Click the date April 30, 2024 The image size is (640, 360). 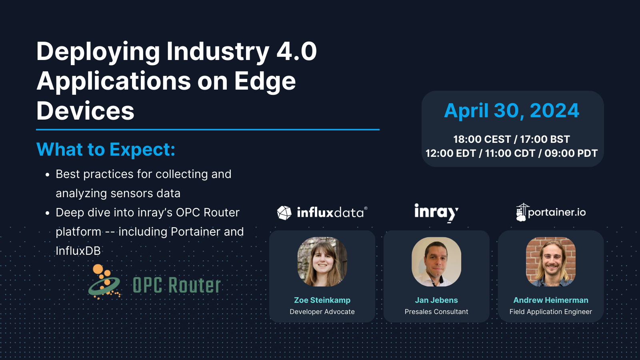pyautogui.click(x=512, y=111)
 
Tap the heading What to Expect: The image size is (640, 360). pyautogui.click(x=106, y=150)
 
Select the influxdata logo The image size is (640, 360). pyautogui.click(x=322, y=212)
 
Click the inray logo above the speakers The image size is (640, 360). pyautogui.click(x=436, y=212)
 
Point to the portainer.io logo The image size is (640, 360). pyautogui.click(x=551, y=212)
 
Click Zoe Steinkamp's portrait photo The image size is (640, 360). pyautogui.click(x=322, y=262)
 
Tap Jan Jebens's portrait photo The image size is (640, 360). pyautogui.click(x=436, y=262)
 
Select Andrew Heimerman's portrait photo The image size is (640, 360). pyautogui.click(x=551, y=262)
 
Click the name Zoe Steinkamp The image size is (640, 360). pyautogui.click(x=322, y=300)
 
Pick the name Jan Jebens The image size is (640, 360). pyautogui.click(x=436, y=300)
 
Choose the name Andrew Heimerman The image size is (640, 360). pyautogui.click(x=551, y=300)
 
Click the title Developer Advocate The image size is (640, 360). pyautogui.click(x=322, y=312)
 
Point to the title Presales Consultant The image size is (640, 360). pyautogui.click(x=436, y=312)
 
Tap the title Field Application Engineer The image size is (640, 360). pyautogui.click(x=551, y=312)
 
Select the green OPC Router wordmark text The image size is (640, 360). pyautogui.click(x=176, y=285)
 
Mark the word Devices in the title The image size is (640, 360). pyautogui.click(x=85, y=111)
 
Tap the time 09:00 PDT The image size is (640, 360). pyautogui.click(x=571, y=153)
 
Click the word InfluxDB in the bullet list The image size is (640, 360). pyautogui.click(x=78, y=251)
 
